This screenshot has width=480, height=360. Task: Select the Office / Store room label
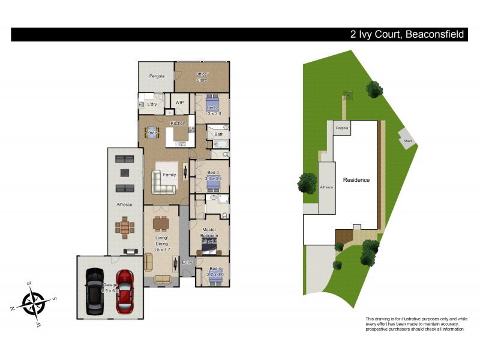pos(201,77)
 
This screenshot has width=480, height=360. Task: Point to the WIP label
pos(179,103)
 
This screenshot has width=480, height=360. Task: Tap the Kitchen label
pos(178,123)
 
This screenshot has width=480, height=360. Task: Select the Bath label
pos(218,134)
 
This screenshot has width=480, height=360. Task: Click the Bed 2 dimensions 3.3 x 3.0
pos(212,113)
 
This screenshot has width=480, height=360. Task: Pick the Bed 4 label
pos(215,269)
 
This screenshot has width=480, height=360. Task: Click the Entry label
pos(187,262)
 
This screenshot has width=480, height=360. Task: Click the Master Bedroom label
pos(209,233)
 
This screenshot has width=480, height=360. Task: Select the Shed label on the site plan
pos(408,142)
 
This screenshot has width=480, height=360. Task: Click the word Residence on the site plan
pos(356,180)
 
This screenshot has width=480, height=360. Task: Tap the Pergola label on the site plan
pos(342,128)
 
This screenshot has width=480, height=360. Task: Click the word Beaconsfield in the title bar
pos(435,35)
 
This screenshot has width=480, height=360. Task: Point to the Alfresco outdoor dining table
pos(125,227)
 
